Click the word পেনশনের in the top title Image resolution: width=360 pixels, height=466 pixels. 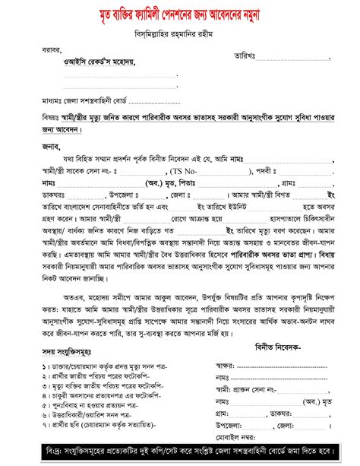coord(204,14)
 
